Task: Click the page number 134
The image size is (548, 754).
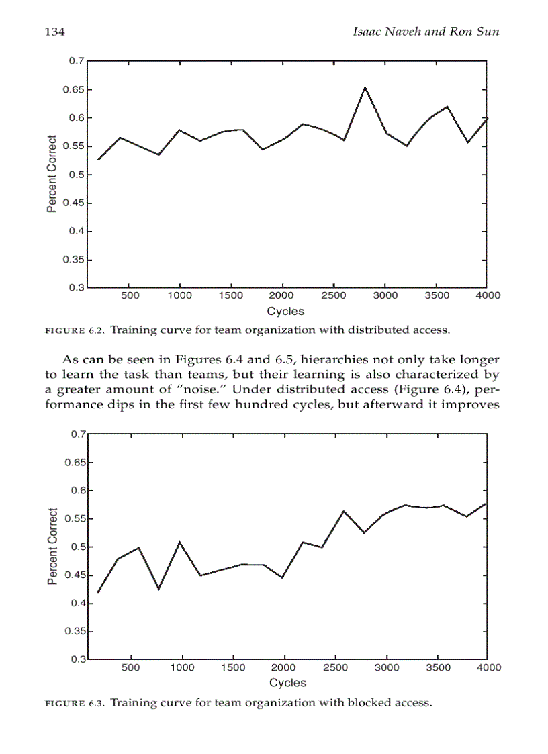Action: pyautogui.click(x=54, y=32)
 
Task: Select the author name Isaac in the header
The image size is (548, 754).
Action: pyautogui.click(x=369, y=32)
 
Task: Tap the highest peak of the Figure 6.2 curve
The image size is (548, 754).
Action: pyautogui.click(x=365, y=87)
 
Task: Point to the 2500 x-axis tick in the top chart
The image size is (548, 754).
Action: pyautogui.click(x=333, y=295)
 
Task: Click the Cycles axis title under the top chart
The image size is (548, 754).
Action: pyautogui.click(x=285, y=311)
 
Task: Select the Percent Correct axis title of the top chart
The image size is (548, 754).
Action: pyautogui.click(x=52, y=175)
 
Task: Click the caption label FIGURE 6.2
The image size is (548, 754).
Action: pyautogui.click(x=74, y=330)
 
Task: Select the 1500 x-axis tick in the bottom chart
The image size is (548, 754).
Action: pyautogui.click(x=233, y=667)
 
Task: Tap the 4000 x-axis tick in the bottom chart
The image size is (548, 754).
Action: pyautogui.click(x=489, y=667)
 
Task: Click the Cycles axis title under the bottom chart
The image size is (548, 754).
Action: pyautogui.click(x=287, y=683)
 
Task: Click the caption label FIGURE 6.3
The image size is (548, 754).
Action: pyautogui.click(x=74, y=703)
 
